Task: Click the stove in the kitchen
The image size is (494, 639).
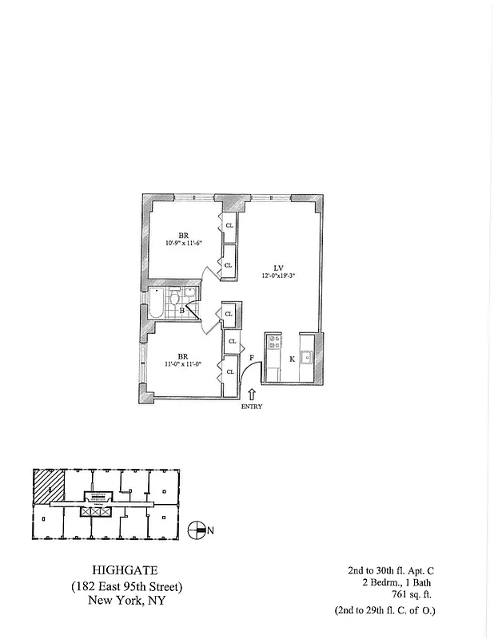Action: (x=273, y=343)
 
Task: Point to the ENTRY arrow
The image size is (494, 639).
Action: (x=253, y=394)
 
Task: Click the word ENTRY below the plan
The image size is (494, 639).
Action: (x=253, y=407)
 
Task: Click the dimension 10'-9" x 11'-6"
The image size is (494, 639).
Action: (x=184, y=243)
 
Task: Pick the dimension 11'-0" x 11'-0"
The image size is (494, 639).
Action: (x=184, y=364)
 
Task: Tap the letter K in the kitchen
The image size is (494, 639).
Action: (x=292, y=359)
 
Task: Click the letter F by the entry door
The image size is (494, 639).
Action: (x=252, y=359)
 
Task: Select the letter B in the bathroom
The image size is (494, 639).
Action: (x=182, y=309)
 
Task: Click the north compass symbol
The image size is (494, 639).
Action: (x=196, y=529)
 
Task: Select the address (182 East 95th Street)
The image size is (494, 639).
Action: (x=126, y=587)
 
